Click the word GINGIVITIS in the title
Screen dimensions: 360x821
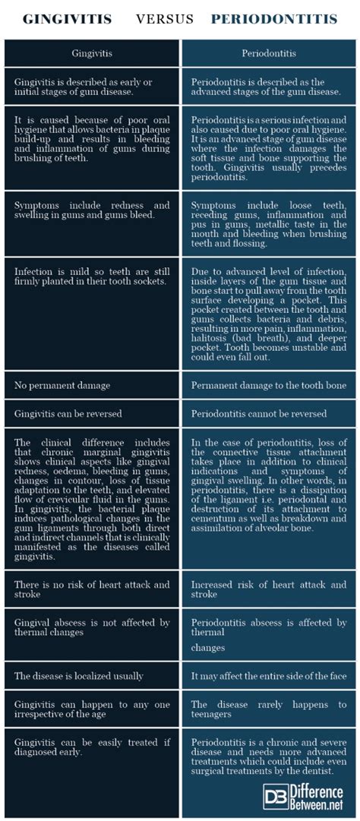point(68,18)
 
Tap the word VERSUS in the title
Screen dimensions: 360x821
point(165,18)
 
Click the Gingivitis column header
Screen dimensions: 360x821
point(92,55)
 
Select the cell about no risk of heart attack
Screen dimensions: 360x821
point(92,590)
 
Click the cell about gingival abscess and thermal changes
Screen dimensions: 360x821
point(92,628)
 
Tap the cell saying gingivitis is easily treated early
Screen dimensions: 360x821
point(92,748)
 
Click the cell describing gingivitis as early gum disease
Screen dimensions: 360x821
point(92,87)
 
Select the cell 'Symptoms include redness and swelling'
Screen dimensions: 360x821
point(92,210)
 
